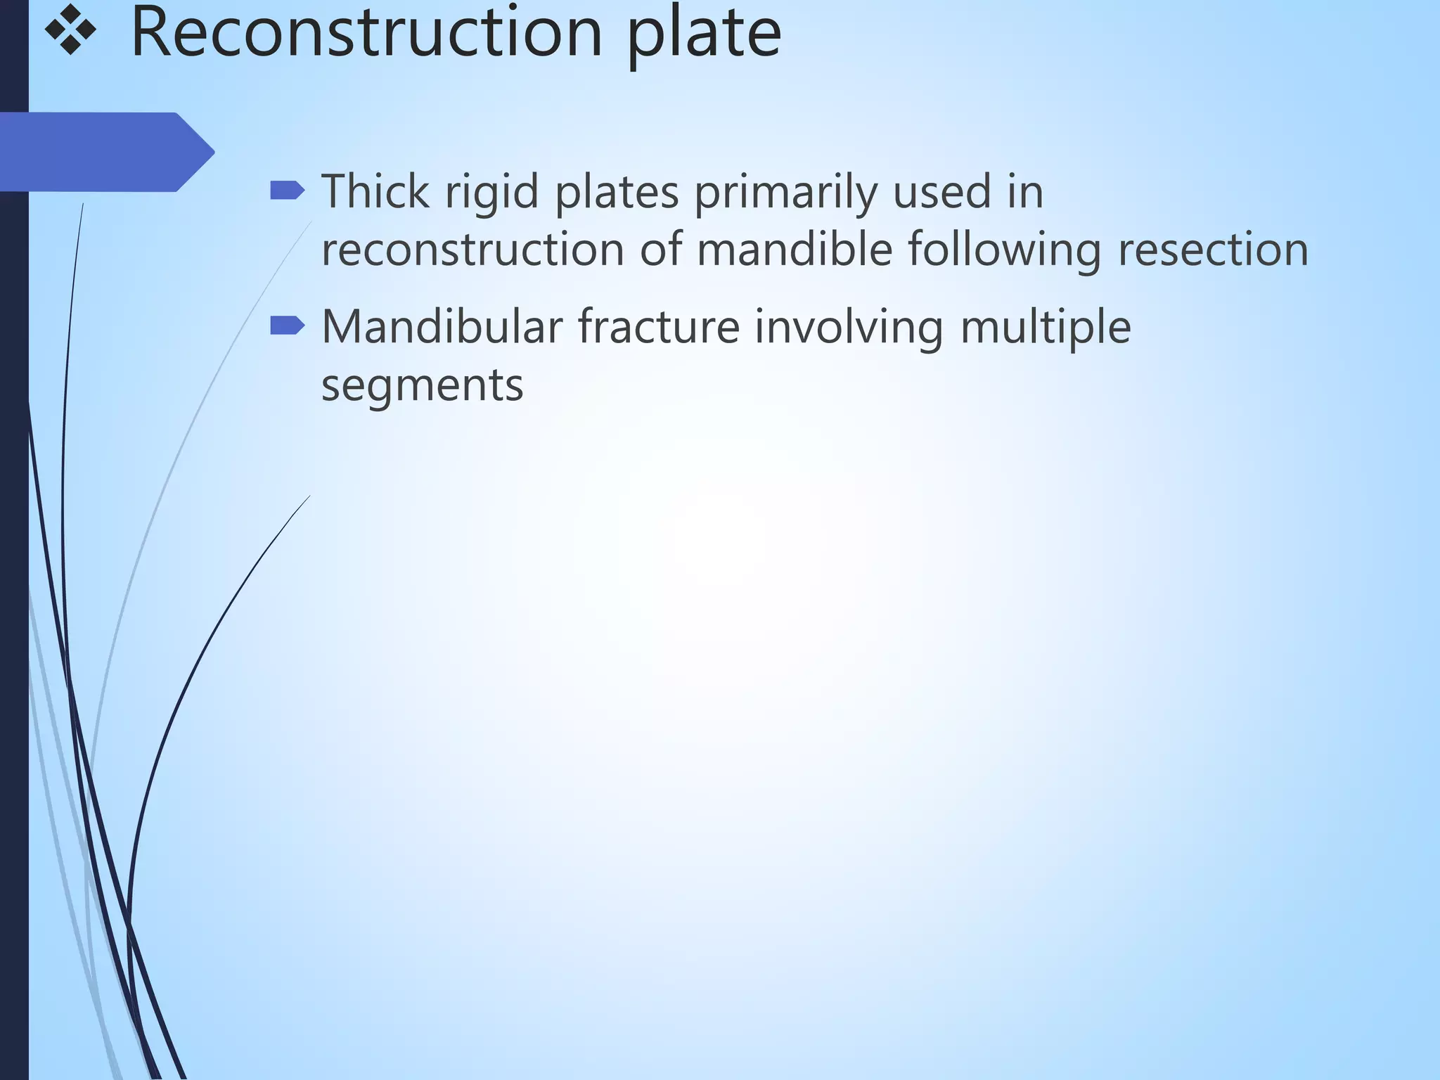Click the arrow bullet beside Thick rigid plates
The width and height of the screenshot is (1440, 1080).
click(x=287, y=191)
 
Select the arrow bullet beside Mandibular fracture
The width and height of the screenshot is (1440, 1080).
click(x=287, y=326)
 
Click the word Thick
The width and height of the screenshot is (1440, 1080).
click(x=375, y=191)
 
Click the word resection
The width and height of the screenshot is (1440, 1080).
click(x=1213, y=250)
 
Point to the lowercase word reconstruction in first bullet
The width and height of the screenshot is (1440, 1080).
click(x=472, y=250)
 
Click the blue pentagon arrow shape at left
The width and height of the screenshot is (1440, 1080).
click(x=105, y=152)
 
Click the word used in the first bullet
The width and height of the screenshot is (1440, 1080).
click(x=941, y=191)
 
